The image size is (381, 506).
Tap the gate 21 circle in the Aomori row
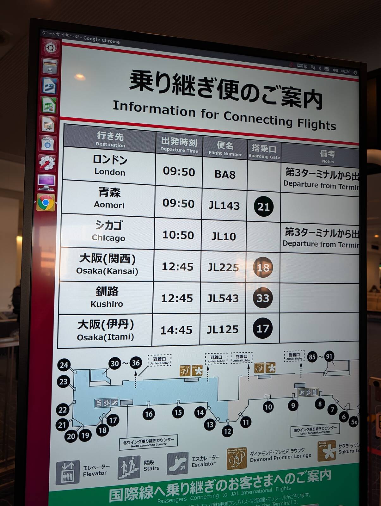(x=263, y=207)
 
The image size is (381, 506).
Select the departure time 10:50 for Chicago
(x=178, y=235)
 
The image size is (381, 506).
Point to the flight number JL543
(x=223, y=298)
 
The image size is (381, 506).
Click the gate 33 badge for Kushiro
(x=262, y=298)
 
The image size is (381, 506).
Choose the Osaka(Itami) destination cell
(x=105, y=330)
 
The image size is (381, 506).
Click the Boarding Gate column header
(x=264, y=151)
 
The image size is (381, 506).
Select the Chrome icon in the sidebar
(x=46, y=202)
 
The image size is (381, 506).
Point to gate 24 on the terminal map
(x=64, y=365)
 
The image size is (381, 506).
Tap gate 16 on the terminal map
(x=149, y=414)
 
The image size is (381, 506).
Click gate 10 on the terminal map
(x=268, y=407)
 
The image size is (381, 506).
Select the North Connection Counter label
(x=149, y=441)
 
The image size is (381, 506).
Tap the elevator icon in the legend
(x=68, y=472)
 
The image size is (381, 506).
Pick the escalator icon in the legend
(x=177, y=464)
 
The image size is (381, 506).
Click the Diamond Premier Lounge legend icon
(x=237, y=459)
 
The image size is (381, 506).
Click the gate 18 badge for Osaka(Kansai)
(x=263, y=268)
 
